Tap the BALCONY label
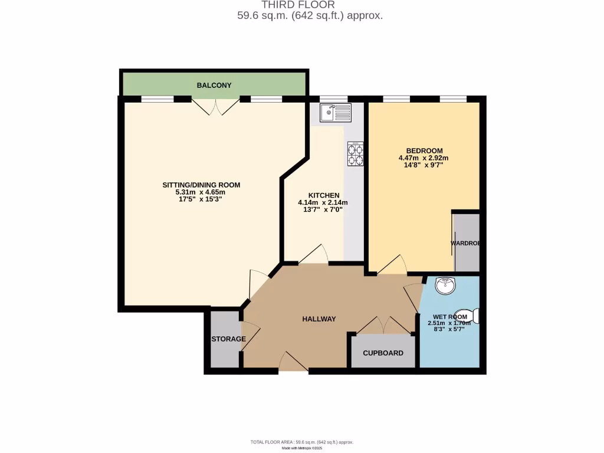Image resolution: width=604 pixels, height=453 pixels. pos(214,86)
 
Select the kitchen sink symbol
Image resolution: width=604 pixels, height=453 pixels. pos(335,112)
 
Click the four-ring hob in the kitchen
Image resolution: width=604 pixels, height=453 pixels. pos(356,154)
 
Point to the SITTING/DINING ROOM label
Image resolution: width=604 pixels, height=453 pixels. pos(201,185)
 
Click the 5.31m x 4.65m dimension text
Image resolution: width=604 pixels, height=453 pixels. pos(201,192)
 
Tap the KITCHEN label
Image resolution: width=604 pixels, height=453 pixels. pos(324,195)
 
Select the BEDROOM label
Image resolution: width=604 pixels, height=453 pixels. pos(424,151)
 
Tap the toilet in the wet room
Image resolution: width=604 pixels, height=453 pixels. pos(473,316)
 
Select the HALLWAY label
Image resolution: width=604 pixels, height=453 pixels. pos(319,319)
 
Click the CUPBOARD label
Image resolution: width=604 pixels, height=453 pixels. pos(383,353)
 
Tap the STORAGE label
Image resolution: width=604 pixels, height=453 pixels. pos(229,339)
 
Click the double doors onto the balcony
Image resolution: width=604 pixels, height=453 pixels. pos(216,107)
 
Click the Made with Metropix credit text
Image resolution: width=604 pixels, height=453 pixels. pos(302,448)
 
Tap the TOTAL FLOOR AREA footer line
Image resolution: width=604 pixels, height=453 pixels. pos(302,442)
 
